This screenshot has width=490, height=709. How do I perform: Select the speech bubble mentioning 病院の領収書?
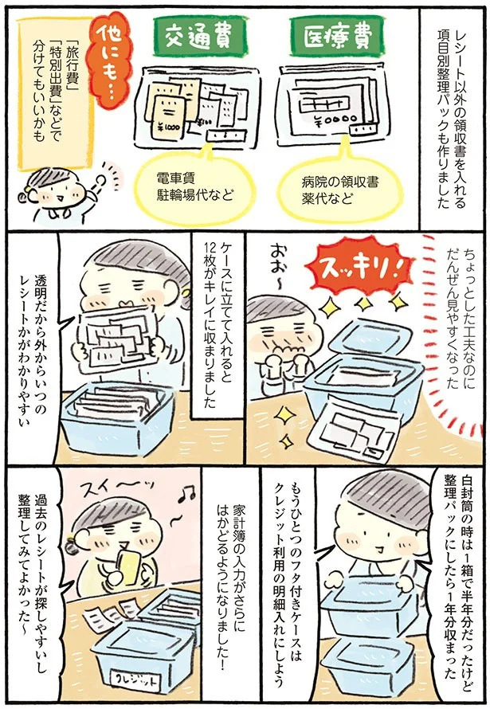pos(331,186)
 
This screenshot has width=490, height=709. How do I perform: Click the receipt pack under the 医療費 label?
pos(329,112)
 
